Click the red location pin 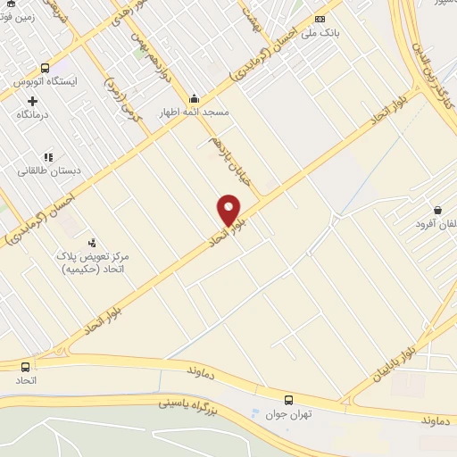[x=229, y=210]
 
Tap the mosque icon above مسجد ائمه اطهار [x=194, y=98]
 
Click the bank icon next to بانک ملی [x=320, y=20]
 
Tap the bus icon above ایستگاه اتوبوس [x=45, y=68]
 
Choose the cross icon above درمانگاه [x=32, y=101]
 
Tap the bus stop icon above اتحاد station [x=24, y=366]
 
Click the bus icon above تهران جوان [x=288, y=399]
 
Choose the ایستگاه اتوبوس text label [x=45, y=81]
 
